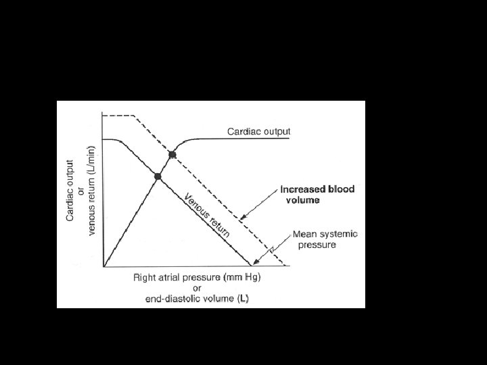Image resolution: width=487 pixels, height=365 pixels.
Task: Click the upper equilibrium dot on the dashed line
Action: coord(172,155)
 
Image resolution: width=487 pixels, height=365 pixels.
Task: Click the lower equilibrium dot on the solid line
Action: coord(158,176)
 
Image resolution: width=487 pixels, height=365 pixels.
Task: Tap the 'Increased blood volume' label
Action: coord(317,195)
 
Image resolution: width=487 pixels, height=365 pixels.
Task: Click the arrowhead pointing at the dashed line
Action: coord(243,218)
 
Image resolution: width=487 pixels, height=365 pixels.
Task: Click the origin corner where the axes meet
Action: coord(103,266)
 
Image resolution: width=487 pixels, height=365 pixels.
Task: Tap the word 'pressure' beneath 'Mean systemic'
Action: coord(317,245)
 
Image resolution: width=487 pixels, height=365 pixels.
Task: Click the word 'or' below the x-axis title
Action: coord(197,287)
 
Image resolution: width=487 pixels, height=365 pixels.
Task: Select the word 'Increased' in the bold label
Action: coord(303,189)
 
